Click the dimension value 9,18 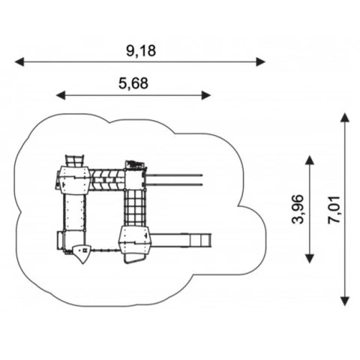[141, 51]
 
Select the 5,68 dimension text [133, 83]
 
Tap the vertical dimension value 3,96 [298, 209]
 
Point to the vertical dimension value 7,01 [334, 210]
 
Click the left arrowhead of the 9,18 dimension [19, 61]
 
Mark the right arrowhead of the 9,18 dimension [260, 61]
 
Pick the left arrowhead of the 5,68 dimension [61, 95]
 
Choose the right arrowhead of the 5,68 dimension [206, 95]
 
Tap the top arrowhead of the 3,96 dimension [310, 160]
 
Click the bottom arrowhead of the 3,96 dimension [310, 259]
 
